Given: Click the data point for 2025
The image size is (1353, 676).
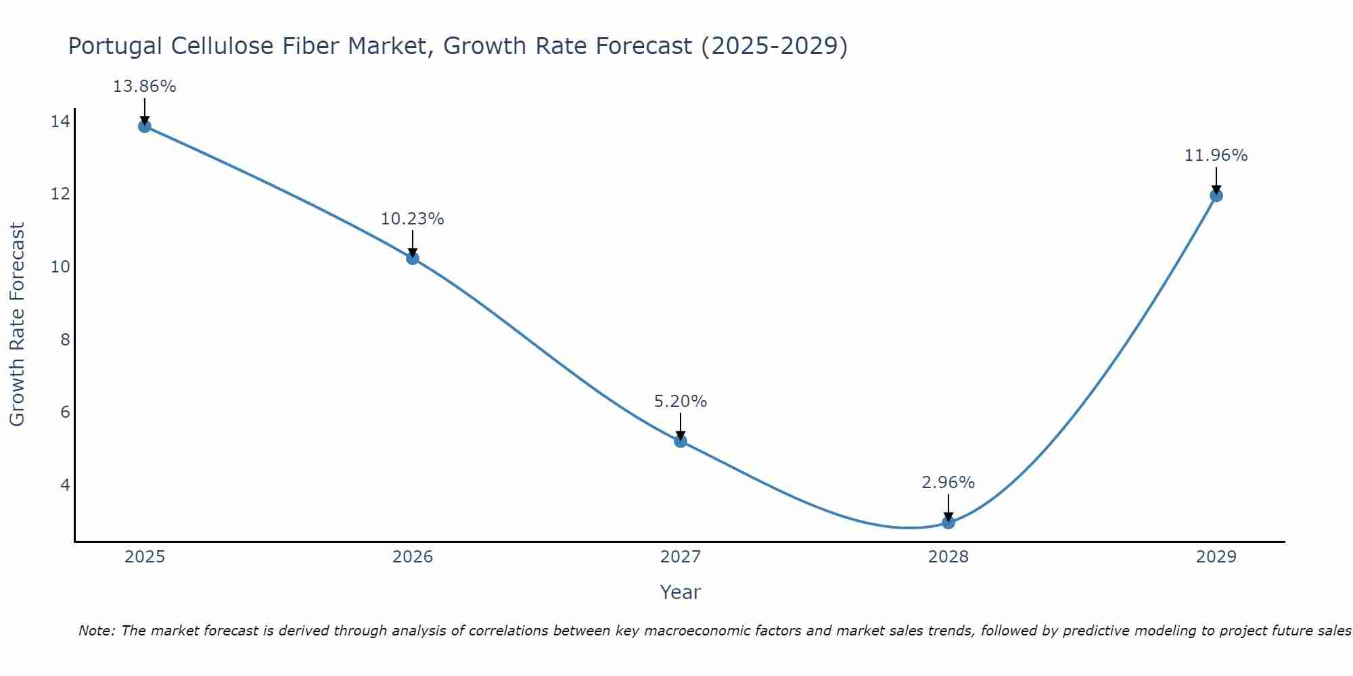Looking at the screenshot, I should [x=144, y=126].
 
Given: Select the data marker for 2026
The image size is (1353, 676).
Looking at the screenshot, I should [x=413, y=258].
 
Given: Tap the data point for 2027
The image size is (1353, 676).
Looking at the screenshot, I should [x=681, y=441].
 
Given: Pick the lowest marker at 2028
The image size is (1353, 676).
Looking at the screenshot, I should [x=948, y=522].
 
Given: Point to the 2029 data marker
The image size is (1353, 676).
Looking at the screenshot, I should [x=1216, y=195].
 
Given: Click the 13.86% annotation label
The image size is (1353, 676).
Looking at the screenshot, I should [x=144, y=87].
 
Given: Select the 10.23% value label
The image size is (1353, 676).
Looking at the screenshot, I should [x=412, y=219].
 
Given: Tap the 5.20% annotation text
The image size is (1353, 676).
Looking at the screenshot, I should [x=680, y=402].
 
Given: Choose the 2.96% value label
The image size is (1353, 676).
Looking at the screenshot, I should [x=948, y=483].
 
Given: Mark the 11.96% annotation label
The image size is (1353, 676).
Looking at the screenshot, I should [x=1216, y=155].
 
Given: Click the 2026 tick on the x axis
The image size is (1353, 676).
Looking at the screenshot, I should [x=413, y=557].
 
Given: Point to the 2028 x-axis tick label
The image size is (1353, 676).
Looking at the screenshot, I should [x=948, y=557].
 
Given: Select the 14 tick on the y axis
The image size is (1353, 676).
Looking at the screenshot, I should [x=60, y=122].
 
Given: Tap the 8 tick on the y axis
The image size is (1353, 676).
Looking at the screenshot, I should [x=65, y=339].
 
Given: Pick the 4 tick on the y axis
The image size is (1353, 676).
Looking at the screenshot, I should [x=65, y=485].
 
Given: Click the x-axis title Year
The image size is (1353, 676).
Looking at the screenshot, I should [x=680, y=592].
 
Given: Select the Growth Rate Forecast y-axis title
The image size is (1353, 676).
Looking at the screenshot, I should [x=17, y=324].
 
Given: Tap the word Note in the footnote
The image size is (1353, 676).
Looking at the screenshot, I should [x=97, y=631].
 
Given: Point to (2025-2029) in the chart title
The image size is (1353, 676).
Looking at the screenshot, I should [x=774, y=46].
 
